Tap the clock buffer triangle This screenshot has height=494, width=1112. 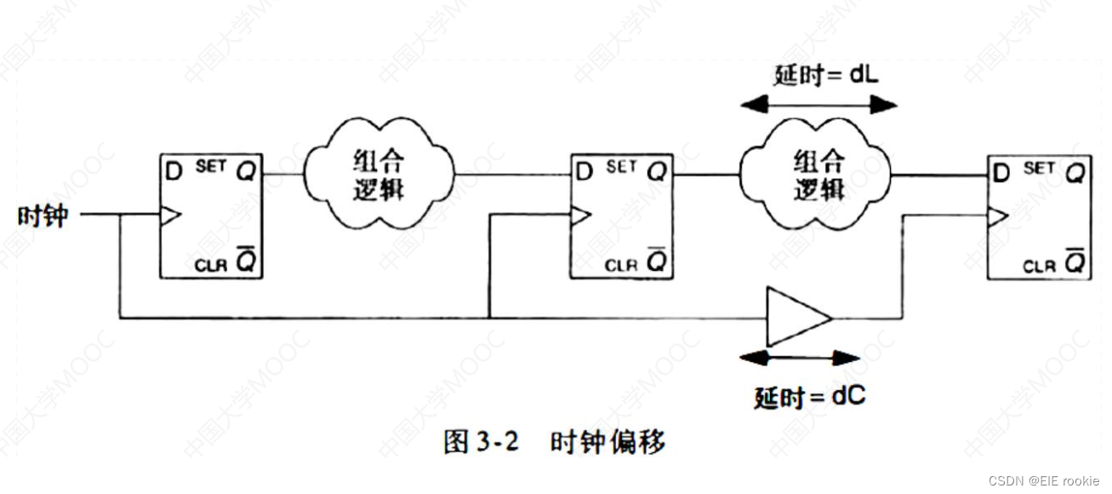(797, 318)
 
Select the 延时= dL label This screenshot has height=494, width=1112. (825, 75)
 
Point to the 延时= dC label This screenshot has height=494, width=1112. (809, 397)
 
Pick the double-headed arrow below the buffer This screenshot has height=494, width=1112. (800, 358)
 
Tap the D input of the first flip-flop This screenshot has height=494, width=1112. (174, 171)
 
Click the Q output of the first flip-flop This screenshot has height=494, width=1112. (246, 171)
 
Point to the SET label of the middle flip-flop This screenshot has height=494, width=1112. (621, 167)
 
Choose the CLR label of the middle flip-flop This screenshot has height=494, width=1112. (619, 265)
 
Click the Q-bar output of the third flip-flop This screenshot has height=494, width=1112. (1076, 264)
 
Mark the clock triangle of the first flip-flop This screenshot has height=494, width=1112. (170, 216)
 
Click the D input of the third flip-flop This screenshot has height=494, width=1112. (1001, 173)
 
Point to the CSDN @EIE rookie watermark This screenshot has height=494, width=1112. (1046, 481)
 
